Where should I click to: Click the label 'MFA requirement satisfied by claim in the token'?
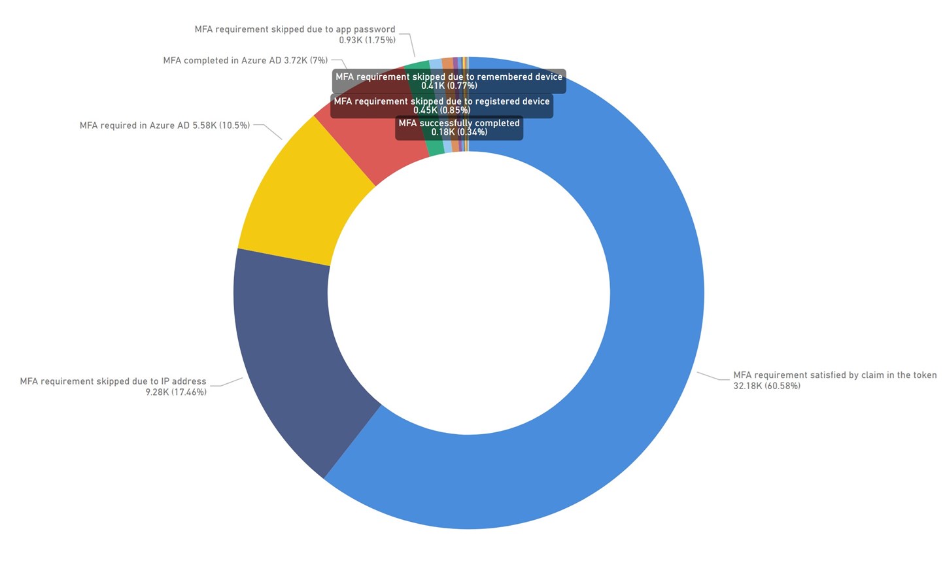coord(834,375)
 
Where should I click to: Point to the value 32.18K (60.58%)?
coord(766,386)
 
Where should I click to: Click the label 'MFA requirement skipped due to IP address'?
coord(113,381)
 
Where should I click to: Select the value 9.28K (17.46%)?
coord(176,392)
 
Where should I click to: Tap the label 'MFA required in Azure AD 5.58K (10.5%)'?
coord(165,126)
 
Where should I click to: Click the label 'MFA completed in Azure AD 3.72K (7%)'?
coord(245,61)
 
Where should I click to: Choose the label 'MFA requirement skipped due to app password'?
coord(295,29)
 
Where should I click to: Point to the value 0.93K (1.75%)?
coord(367,40)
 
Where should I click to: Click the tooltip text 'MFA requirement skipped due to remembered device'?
coord(449,77)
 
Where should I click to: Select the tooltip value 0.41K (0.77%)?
coord(449,86)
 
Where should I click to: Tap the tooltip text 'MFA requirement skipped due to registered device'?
coord(441,101)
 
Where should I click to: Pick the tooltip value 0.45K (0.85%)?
coord(441,111)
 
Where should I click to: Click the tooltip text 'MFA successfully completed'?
coord(459,123)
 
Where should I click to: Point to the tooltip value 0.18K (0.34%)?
coord(459,132)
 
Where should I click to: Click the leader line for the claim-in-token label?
coord(713,377)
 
